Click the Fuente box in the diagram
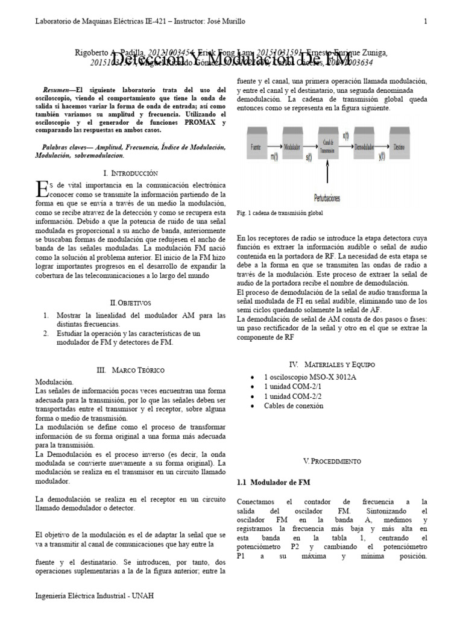click(255, 146)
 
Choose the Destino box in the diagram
click(398, 146)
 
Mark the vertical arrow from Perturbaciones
click(327, 178)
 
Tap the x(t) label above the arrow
click(345, 136)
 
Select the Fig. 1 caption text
click(280, 213)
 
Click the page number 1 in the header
click(426, 22)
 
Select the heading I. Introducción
click(131, 172)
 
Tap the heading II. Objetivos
click(131, 302)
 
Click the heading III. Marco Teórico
click(130, 369)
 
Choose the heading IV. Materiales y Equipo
click(332, 365)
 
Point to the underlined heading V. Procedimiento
click(332, 461)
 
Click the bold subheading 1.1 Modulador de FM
click(272, 483)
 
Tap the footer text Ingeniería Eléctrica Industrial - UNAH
click(95, 596)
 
